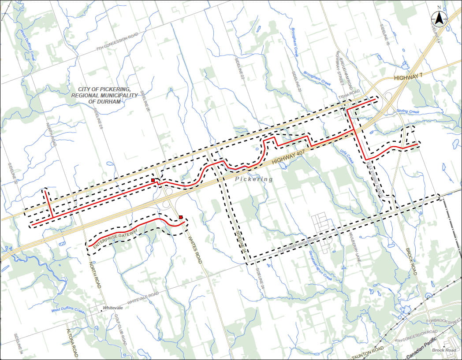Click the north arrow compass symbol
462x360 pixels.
pyautogui.click(x=439, y=18)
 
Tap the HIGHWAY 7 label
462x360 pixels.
pyautogui.click(x=409, y=78)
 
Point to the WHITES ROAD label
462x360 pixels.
pyautogui.click(x=195, y=250)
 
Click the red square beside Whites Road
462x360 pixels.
pyautogui.click(x=181, y=217)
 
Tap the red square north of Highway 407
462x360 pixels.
pyautogui.click(x=153, y=180)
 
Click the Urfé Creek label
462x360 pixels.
pyautogui.click(x=346, y=155)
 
